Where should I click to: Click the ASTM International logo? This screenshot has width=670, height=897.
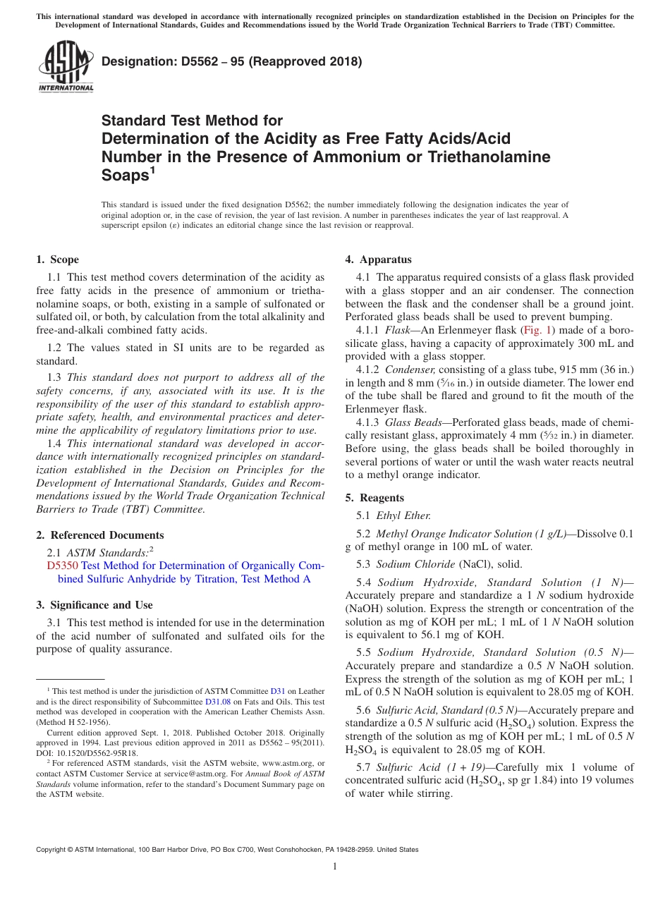click(66, 67)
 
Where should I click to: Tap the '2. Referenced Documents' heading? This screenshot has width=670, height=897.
click(100, 535)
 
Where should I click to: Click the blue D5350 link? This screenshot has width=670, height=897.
click(62, 566)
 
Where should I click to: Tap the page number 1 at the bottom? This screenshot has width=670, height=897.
click(335, 867)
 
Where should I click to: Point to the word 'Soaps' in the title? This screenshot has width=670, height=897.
click(125, 174)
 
